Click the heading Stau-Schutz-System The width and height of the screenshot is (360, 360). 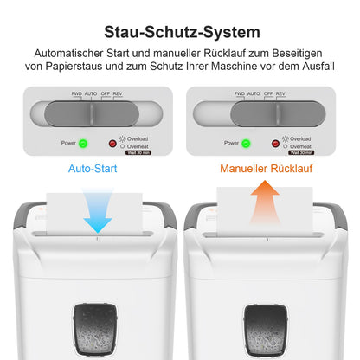coord(180,33)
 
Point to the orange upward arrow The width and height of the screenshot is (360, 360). coord(263,208)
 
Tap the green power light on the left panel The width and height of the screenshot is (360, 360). coord(84,143)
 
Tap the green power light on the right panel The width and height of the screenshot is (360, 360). coord(245,143)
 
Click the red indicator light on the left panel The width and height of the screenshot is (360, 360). coord(112,143)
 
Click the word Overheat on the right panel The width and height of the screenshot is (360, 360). coord(302,146)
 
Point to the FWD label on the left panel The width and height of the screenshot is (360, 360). coord(76,93)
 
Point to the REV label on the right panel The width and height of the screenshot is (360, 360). coord(281,93)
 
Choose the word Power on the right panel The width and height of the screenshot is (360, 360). coord(229,143)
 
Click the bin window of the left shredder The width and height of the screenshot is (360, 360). coord(97,330)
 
